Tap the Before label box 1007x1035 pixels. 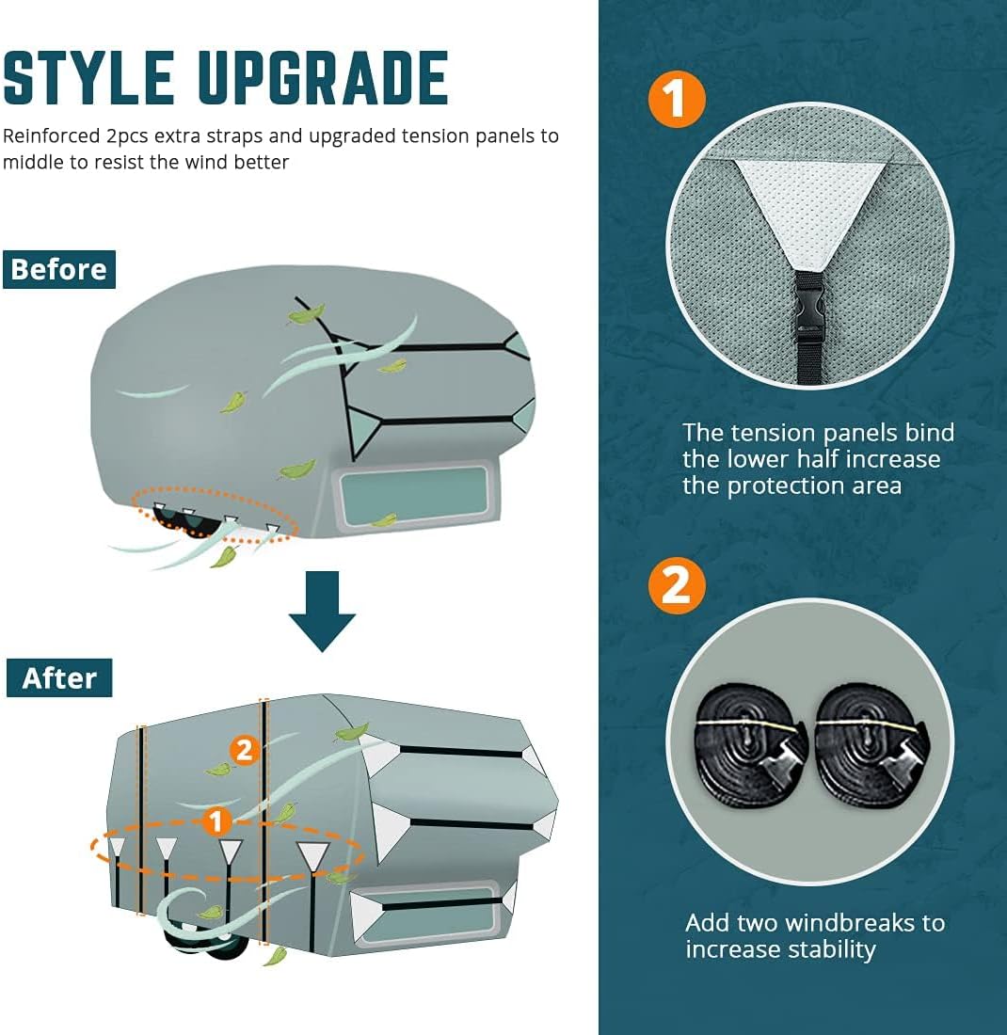59,269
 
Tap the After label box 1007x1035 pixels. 59,677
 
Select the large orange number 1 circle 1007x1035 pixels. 677,100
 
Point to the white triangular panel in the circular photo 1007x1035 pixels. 809,202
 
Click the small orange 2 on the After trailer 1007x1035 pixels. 245,750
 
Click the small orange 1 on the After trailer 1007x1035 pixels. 216,821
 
